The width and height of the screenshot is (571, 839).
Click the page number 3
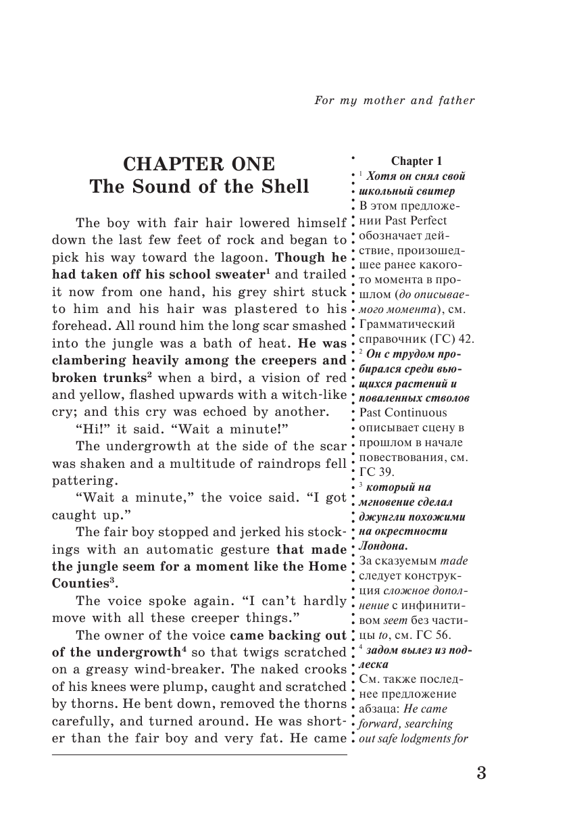(x=480, y=773)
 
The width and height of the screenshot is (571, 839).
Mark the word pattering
(x=83, y=481)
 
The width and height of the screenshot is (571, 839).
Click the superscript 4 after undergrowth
(x=183, y=648)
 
